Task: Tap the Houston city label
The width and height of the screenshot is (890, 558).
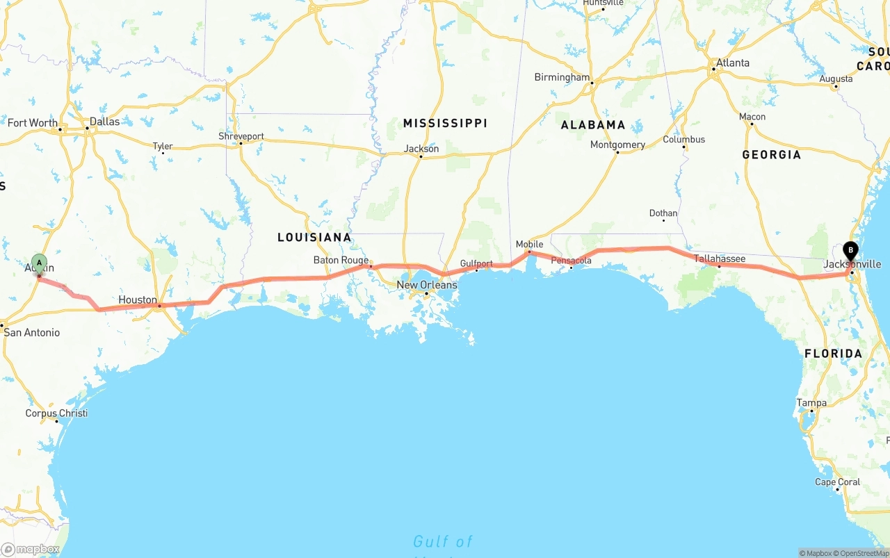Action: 138,299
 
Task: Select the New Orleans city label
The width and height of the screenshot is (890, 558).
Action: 427,285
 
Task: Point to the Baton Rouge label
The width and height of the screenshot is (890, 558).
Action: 341,260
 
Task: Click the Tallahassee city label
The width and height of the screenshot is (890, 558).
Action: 720,259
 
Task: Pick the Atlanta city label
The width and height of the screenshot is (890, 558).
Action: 733,63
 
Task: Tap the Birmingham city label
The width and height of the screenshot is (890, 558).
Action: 562,77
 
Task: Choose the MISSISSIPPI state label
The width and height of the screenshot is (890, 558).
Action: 445,123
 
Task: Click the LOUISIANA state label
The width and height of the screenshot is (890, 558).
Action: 314,237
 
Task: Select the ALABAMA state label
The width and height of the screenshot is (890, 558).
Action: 593,125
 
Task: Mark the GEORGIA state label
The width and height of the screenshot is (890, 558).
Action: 771,154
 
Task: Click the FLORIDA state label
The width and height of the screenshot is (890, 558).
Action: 833,353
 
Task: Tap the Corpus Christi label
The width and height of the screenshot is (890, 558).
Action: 56,413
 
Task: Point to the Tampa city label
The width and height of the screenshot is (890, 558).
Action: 811,402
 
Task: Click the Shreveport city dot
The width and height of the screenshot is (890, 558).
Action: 241,144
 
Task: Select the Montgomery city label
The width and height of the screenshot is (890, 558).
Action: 617,145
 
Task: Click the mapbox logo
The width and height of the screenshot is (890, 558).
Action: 31,549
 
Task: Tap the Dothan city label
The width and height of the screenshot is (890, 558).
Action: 663,213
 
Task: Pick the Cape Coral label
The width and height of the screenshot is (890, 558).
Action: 837,482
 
